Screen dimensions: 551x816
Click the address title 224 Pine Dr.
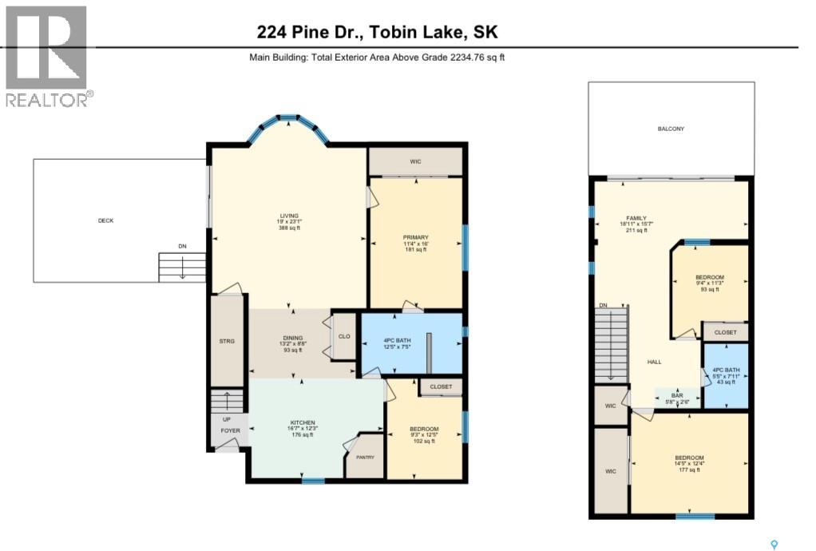pos(378,32)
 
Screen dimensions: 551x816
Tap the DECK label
pos(105,220)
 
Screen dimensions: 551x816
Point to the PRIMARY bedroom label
pos(416,237)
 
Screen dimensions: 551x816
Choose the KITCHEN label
pos(303,422)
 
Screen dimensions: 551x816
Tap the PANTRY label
pos(365,457)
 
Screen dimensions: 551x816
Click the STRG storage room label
pos(227,342)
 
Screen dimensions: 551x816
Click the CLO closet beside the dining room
pos(344,336)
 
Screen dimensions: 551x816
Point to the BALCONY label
pos(671,129)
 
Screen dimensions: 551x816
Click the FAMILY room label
pos(636,218)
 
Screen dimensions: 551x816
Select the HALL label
pos(654,362)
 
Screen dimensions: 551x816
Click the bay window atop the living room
pos(288,121)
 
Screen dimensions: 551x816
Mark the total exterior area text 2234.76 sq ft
pos(377,57)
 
